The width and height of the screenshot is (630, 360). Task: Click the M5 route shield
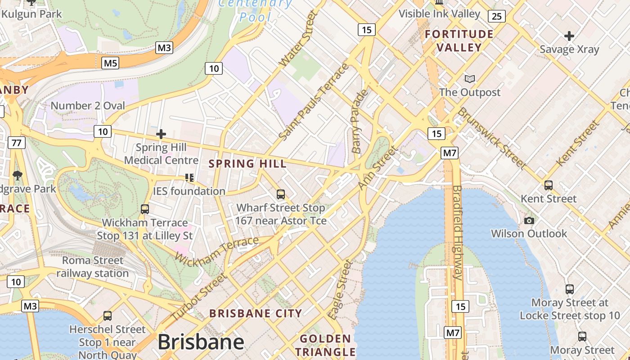[x=111, y=63]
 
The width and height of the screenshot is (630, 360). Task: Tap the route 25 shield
[x=496, y=17]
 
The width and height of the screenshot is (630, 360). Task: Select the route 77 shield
[x=17, y=143]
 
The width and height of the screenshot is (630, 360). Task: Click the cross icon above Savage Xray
[x=569, y=36]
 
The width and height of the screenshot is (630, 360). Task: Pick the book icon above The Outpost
[x=470, y=79]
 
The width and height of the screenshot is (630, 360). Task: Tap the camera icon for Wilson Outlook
[x=529, y=220]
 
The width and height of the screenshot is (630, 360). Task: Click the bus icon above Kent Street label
[x=549, y=185]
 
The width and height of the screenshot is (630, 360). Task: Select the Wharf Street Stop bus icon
[x=281, y=194]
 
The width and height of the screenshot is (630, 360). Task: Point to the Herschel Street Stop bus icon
[x=108, y=316]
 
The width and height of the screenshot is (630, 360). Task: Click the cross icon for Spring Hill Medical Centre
[x=161, y=134]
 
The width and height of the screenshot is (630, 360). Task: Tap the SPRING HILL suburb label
[x=248, y=164]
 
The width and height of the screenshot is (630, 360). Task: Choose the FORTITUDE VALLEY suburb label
[x=459, y=40]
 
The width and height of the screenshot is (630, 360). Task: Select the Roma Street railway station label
[x=92, y=267]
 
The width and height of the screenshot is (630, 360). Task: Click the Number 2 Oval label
[x=88, y=106]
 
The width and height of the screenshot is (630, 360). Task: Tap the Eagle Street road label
[x=340, y=289]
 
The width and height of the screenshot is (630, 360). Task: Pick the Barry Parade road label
[x=360, y=121]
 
